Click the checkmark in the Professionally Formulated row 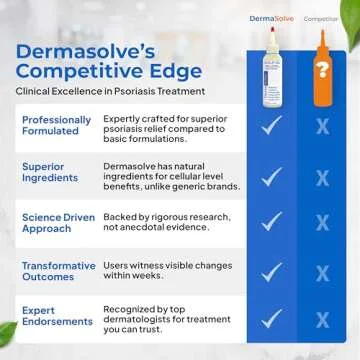[x=271, y=126]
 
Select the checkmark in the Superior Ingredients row [x=271, y=175]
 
